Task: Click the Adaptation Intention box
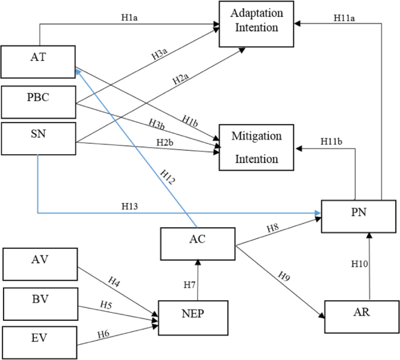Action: click(x=256, y=24)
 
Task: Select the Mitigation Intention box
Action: click(x=256, y=147)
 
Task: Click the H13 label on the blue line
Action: click(x=130, y=206)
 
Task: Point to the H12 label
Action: click(x=166, y=175)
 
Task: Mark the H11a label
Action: click(x=345, y=19)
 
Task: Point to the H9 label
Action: click(x=283, y=275)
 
